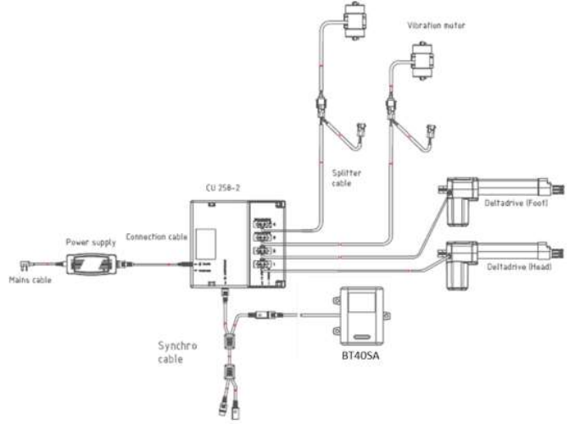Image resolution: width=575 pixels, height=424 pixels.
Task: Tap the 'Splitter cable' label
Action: [x=347, y=176]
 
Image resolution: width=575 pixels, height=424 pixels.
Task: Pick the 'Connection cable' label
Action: [x=155, y=236]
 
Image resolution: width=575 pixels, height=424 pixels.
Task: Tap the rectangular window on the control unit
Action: [x=209, y=242]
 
